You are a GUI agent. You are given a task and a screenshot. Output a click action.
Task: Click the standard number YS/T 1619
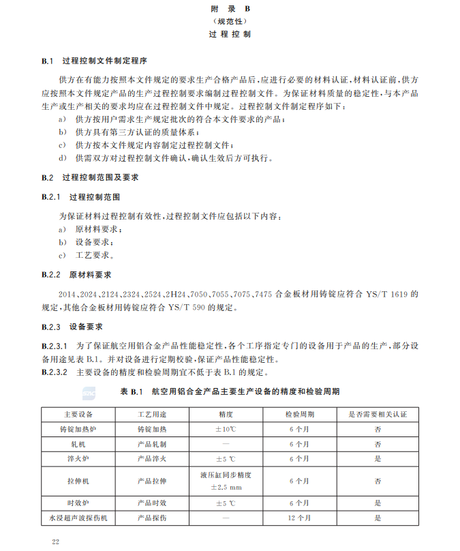click(395, 294)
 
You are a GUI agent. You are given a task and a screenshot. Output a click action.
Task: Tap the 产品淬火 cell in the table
click(152, 459)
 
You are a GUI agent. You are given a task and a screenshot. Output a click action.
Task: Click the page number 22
click(57, 540)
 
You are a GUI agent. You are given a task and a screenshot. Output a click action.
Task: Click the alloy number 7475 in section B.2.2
click(264, 294)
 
